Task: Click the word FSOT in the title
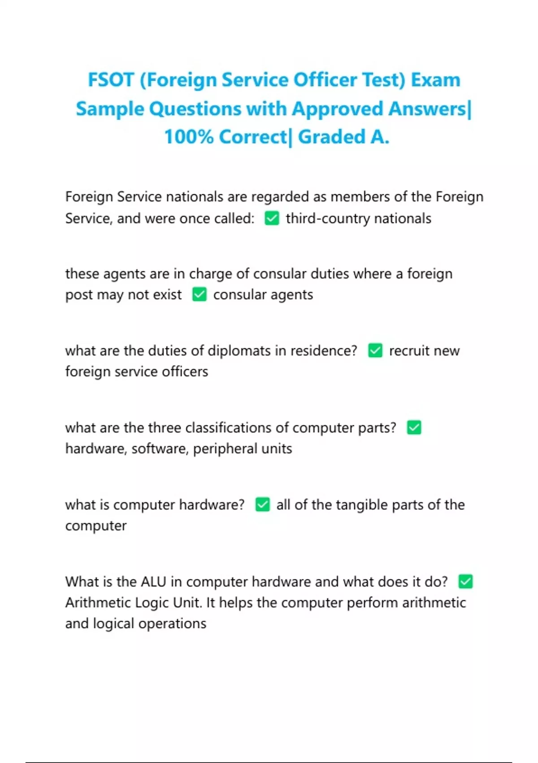click(111, 80)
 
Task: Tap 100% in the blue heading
click(189, 137)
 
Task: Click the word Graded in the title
click(331, 137)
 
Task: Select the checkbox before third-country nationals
click(272, 219)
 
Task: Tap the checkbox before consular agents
click(199, 295)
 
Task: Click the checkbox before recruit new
click(375, 351)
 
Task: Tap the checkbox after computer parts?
click(414, 428)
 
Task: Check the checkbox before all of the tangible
click(262, 505)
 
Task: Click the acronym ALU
click(153, 582)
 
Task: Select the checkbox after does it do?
click(465, 582)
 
